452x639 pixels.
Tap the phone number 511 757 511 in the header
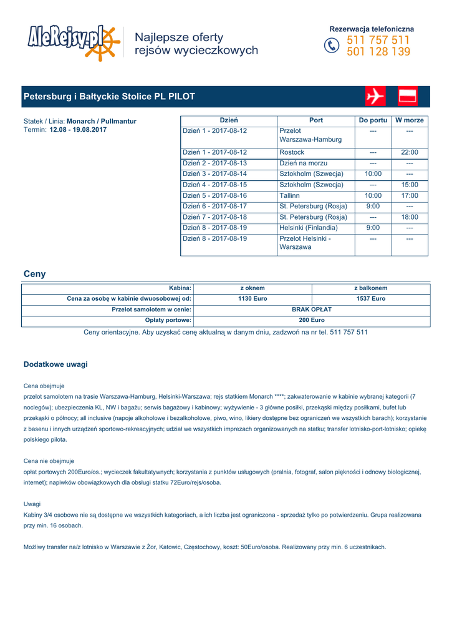(x=378, y=41)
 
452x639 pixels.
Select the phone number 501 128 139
(x=378, y=52)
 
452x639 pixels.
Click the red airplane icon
(x=375, y=97)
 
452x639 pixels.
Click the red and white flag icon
(x=407, y=97)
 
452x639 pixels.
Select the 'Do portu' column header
(x=373, y=120)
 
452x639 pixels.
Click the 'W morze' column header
(x=410, y=120)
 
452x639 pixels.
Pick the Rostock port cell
(x=292, y=152)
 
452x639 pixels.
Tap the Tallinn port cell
(x=289, y=196)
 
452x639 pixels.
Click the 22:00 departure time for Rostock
(x=410, y=152)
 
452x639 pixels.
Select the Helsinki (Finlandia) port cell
(x=308, y=228)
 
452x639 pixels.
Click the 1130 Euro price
(x=252, y=299)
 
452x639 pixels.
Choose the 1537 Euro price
(x=370, y=299)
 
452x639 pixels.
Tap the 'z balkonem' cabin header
(x=370, y=288)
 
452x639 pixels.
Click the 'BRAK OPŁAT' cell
(x=312, y=310)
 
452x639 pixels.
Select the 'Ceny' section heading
(x=34, y=274)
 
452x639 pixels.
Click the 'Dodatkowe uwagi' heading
(x=55, y=364)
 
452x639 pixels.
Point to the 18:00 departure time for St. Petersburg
(x=410, y=217)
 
